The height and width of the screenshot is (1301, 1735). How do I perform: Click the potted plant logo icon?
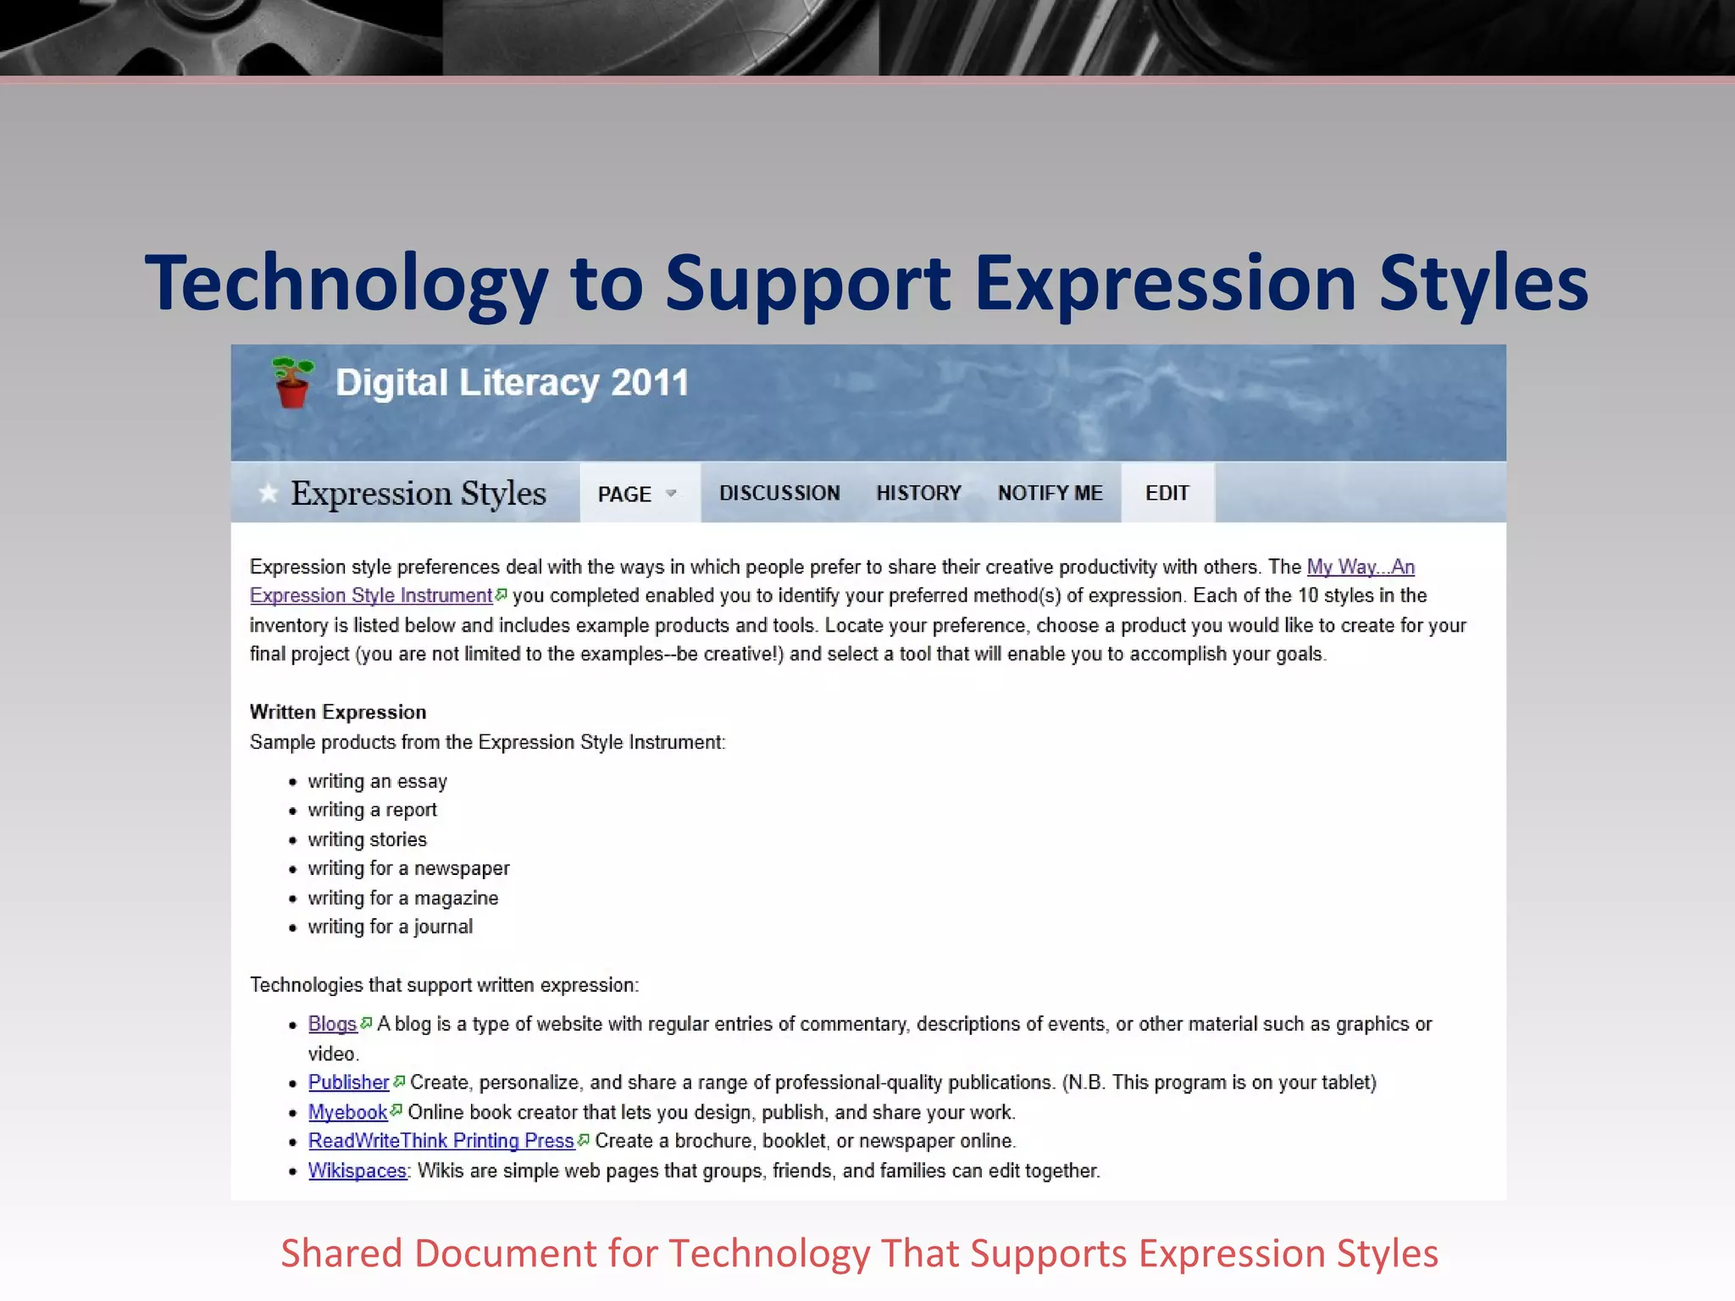coord(291,383)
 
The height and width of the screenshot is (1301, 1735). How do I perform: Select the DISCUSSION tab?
coord(779,493)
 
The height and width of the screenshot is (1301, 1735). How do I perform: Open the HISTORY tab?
coord(918,493)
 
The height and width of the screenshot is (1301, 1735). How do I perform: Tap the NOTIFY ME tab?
coord(1050,493)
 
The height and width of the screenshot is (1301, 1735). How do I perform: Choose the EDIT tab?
coord(1167,493)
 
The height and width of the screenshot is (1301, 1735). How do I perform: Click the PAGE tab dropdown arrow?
coord(671,493)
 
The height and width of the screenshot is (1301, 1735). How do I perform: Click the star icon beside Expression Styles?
coord(268,493)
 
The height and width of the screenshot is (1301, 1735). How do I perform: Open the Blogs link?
coord(332,1024)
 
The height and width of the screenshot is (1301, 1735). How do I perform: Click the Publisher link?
coord(348,1082)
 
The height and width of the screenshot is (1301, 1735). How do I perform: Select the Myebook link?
coord(347,1112)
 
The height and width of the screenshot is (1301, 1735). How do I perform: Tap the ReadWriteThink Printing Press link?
coord(441,1141)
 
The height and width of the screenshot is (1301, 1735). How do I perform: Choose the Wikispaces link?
coord(357,1171)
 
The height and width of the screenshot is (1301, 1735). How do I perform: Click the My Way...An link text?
coord(1361,567)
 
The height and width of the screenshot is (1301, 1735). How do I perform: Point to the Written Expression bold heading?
coord(338,712)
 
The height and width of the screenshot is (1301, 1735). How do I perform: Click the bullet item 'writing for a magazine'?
coord(402,898)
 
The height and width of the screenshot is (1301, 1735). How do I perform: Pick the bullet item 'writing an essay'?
coord(377,781)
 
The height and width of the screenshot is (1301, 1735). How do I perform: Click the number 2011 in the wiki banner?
coord(650,383)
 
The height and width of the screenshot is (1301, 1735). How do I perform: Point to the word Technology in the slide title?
coord(346,284)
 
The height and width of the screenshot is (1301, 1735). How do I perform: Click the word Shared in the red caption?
coord(341,1254)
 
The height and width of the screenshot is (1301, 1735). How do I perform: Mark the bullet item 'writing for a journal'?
coord(390,927)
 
